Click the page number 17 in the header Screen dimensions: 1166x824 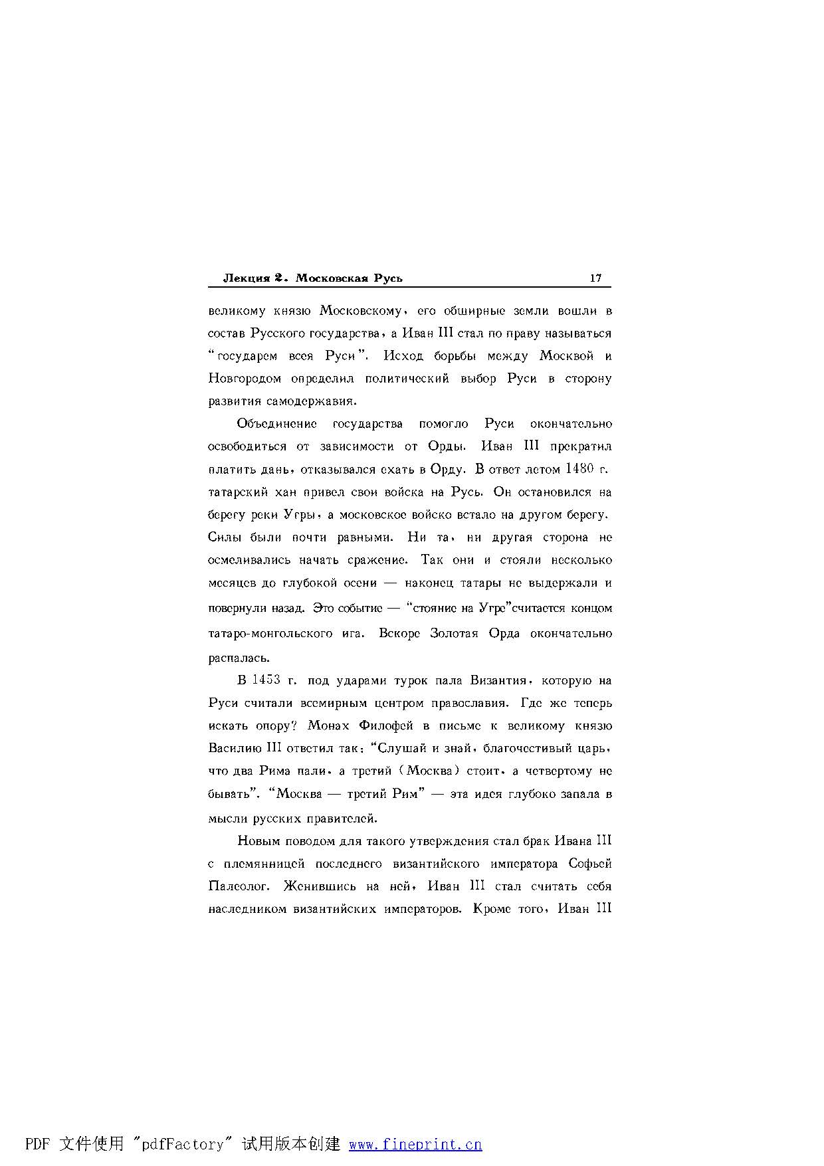pos(595,278)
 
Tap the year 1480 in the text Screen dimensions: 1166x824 pos(579,469)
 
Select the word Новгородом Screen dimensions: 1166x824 pos(244,379)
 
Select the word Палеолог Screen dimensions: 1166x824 pos(239,886)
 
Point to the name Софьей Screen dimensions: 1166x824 pos(590,864)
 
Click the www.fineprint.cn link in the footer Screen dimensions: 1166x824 pos(415,1144)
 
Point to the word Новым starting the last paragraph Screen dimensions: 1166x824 pos(258,841)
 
